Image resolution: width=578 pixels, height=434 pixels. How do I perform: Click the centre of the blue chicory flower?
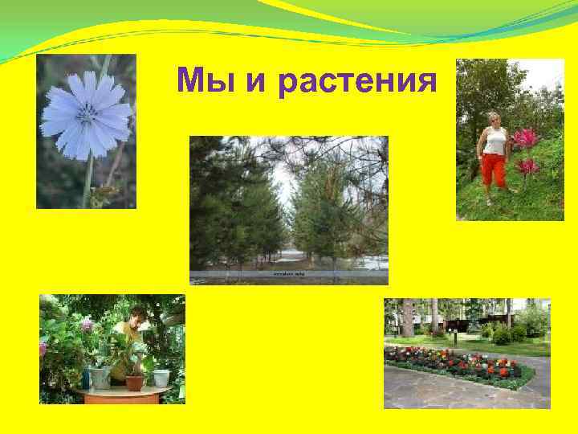[86, 116]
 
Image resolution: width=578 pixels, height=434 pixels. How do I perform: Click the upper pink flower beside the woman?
[526, 138]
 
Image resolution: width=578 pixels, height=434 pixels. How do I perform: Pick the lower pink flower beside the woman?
[527, 166]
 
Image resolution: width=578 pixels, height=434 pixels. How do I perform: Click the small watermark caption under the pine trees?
[289, 274]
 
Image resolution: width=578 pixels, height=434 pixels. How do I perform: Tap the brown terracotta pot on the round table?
[135, 382]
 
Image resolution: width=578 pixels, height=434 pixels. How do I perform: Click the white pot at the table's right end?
[161, 378]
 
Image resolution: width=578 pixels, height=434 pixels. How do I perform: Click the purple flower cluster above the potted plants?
[87, 324]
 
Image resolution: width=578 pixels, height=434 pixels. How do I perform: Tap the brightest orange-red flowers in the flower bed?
[504, 371]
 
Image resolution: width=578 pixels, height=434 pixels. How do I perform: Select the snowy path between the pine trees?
[293, 257]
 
